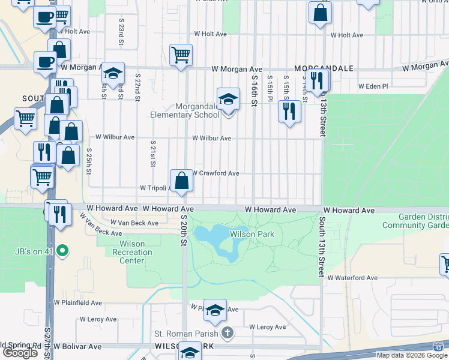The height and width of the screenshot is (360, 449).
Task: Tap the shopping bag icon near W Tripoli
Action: click(181, 179)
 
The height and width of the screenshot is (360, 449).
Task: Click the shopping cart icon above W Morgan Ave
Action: click(181, 55)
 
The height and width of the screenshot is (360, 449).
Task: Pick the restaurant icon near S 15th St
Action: click(290, 110)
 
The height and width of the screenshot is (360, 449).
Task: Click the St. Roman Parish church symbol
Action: click(227, 332)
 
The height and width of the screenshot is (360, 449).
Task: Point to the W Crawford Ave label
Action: click(215, 173)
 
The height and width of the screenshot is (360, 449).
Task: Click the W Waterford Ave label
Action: click(352, 278)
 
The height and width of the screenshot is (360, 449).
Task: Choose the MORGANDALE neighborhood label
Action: click(324, 68)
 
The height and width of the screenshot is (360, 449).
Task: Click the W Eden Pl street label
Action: click(373, 86)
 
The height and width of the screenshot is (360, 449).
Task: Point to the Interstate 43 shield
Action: click(438, 346)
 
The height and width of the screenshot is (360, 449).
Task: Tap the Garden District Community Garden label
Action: click(415, 221)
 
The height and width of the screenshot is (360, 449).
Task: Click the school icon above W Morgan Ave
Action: click(112, 73)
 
